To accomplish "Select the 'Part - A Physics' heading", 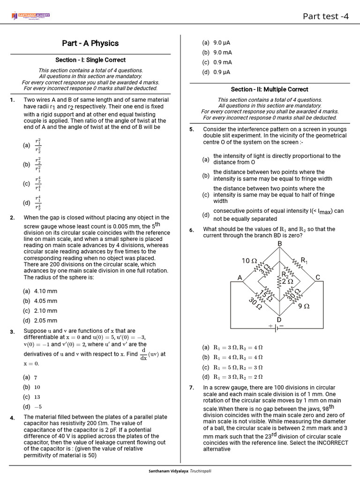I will (x=90, y=43).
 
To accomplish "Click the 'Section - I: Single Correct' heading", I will (x=90, y=60).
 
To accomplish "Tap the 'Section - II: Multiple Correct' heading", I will (x=270, y=89).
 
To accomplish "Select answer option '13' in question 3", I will (x=37, y=397).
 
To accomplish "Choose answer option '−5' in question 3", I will (x=38, y=407).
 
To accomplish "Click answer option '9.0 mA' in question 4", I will (x=223, y=52).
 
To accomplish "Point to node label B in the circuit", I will (x=280, y=244).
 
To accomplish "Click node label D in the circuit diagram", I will (x=279, y=320).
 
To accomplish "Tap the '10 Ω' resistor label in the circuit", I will (x=249, y=261).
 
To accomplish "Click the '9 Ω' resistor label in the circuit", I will (x=304, y=306).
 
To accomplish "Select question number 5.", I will (x=192, y=129).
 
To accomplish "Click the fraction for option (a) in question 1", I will (x=38, y=146).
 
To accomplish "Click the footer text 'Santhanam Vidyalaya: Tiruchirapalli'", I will (x=180, y=470).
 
